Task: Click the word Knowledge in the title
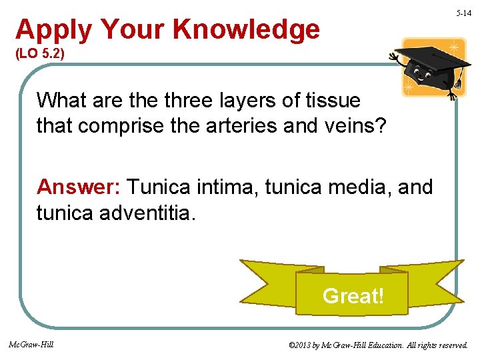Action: coord(246,29)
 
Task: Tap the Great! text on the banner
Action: coord(353,295)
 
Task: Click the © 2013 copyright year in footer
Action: coord(304,345)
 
